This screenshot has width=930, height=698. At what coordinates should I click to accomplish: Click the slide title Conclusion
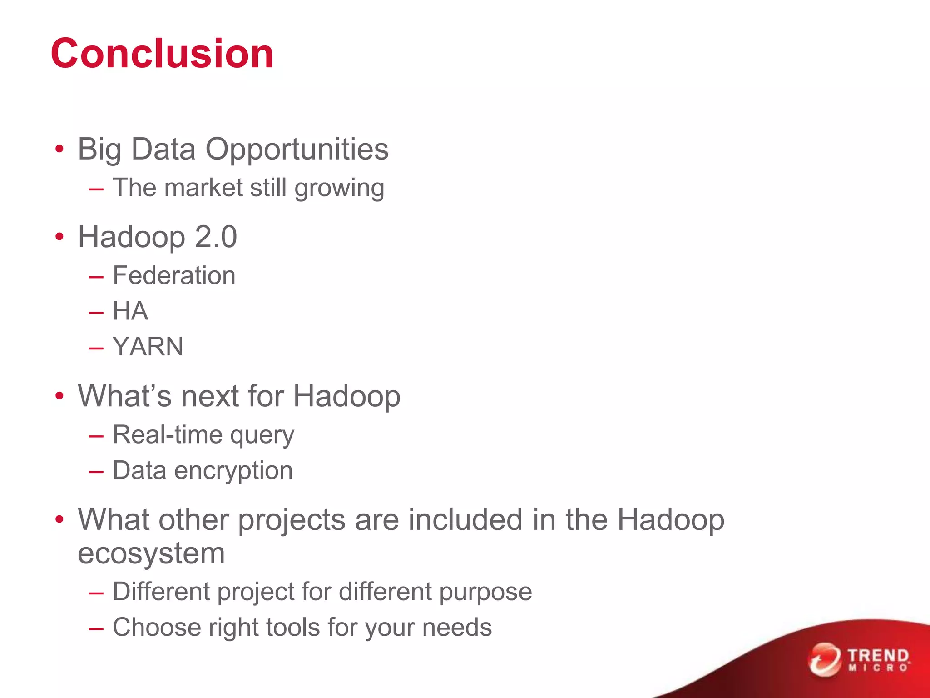pyautogui.click(x=162, y=54)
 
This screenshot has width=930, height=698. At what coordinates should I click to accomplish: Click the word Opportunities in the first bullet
pyautogui.click(x=297, y=149)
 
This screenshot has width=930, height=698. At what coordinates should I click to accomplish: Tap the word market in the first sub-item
pyautogui.click(x=203, y=188)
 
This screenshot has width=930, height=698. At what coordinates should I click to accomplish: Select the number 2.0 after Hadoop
pyautogui.click(x=216, y=237)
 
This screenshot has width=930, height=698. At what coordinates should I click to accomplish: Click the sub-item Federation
pyautogui.click(x=174, y=275)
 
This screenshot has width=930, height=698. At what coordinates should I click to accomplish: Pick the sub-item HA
pyautogui.click(x=130, y=311)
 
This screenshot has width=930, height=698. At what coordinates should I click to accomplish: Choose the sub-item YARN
pyautogui.click(x=148, y=347)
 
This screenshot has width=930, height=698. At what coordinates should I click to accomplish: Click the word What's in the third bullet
pyautogui.click(x=125, y=396)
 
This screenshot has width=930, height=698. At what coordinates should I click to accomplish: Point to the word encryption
pyautogui.click(x=233, y=470)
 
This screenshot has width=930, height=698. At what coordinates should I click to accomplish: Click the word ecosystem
pyautogui.click(x=151, y=553)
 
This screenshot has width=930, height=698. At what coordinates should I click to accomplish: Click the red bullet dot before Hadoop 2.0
pyautogui.click(x=59, y=237)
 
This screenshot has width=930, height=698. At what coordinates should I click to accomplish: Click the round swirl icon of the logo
pyautogui.click(x=824, y=659)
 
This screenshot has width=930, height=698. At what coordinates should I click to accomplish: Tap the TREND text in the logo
pyautogui.click(x=878, y=656)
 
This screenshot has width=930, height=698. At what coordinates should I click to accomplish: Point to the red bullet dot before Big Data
pyautogui.click(x=59, y=149)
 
